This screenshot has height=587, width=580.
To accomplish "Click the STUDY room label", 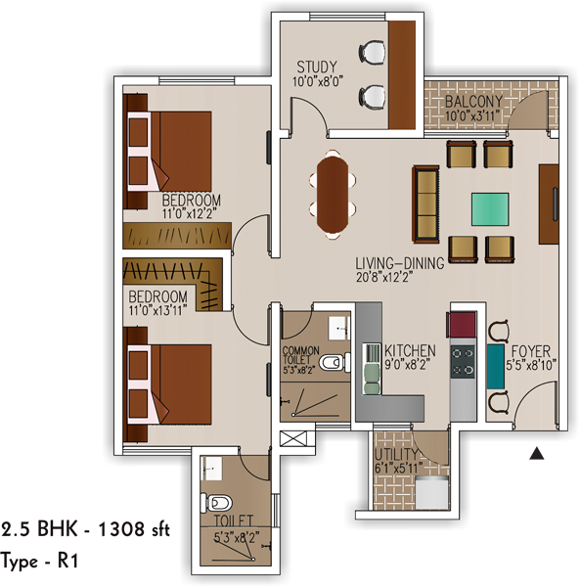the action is coord(317,67).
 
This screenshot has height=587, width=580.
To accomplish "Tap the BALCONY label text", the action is coord(473,101).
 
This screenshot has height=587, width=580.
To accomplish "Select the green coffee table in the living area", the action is coord(490,209).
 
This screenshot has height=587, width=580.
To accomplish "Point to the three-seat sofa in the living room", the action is coord(425,204).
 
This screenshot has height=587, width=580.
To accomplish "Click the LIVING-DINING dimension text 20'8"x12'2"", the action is coord(384,278).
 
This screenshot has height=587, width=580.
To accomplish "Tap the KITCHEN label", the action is coord(410,351).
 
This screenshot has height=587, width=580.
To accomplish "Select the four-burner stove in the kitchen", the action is coord(463,362).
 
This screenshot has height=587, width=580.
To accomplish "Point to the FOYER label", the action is coord(530,351).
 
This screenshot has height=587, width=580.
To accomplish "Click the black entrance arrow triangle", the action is coord(537,453).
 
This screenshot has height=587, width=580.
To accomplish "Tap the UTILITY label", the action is coord(396,454).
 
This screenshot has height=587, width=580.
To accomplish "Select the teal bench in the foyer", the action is coord(496,367).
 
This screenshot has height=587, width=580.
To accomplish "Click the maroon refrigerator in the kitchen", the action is coord(461,325).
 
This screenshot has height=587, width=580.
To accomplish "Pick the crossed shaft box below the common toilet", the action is coord(293,438).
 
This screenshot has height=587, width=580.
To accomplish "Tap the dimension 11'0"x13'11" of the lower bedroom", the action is coord(157,310).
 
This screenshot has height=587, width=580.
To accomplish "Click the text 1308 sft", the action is coord(134,529).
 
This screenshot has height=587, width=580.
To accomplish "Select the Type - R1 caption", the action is coord(39,562).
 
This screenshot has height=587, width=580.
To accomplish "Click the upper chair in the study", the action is coord(372,53).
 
